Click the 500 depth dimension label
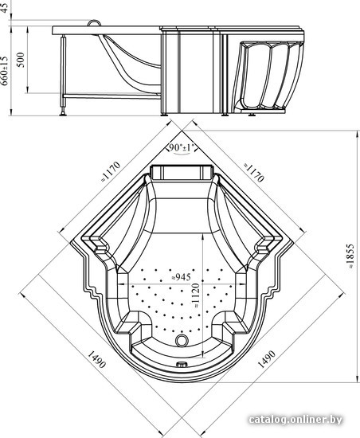[x=21, y=60]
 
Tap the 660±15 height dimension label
[x=5, y=71]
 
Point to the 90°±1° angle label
[x=182, y=147]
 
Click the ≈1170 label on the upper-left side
[x=111, y=171]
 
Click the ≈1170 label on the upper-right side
[x=254, y=172]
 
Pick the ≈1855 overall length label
[x=350, y=256]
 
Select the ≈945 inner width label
[x=182, y=277]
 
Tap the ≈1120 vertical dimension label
[x=196, y=295]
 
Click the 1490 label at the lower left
[x=96, y=359]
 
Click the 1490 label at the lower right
[x=267, y=359]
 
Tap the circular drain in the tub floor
[x=182, y=340]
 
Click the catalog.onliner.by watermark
[x=295, y=419]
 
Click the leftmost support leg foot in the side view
[x=63, y=113]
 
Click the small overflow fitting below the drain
[x=182, y=364]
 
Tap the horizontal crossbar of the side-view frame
[x=112, y=96]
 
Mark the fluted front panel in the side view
[x=268, y=76]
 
